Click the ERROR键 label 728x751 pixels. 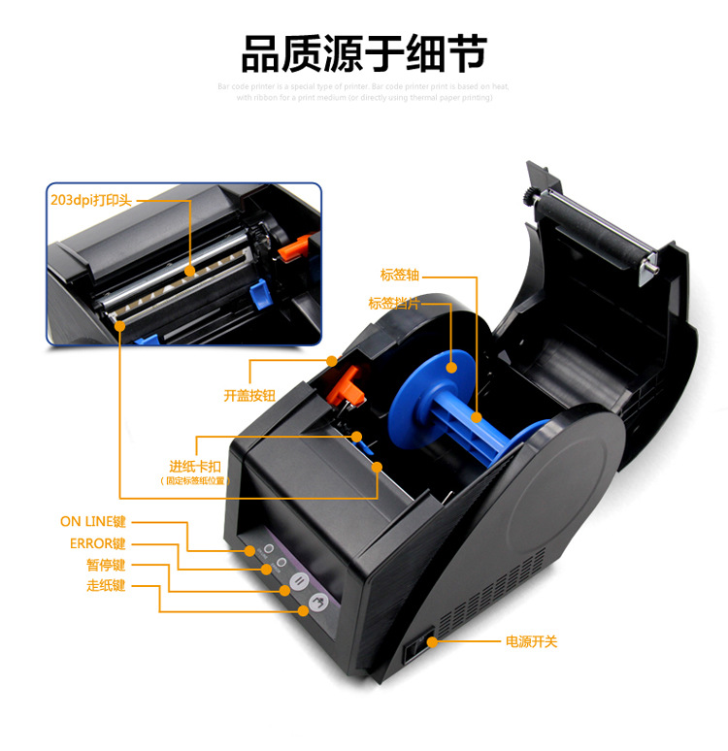[x=97, y=544]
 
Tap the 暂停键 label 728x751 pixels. [x=105, y=566]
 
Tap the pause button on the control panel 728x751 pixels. [x=300, y=582]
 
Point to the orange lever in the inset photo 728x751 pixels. [x=287, y=248]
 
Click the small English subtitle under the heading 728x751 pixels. [x=364, y=92]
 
